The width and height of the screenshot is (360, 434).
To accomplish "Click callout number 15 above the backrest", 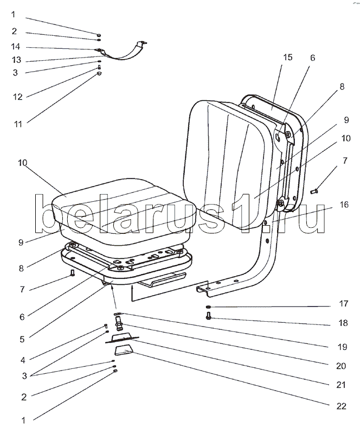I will point(288,57).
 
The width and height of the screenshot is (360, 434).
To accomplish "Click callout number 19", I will point(341,346).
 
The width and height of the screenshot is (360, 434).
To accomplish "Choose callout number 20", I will point(341,366).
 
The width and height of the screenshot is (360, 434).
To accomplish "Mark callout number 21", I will point(341,385).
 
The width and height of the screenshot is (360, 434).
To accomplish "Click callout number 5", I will point(22,339).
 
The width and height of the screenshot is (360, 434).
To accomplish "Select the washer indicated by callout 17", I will point(208,308).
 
